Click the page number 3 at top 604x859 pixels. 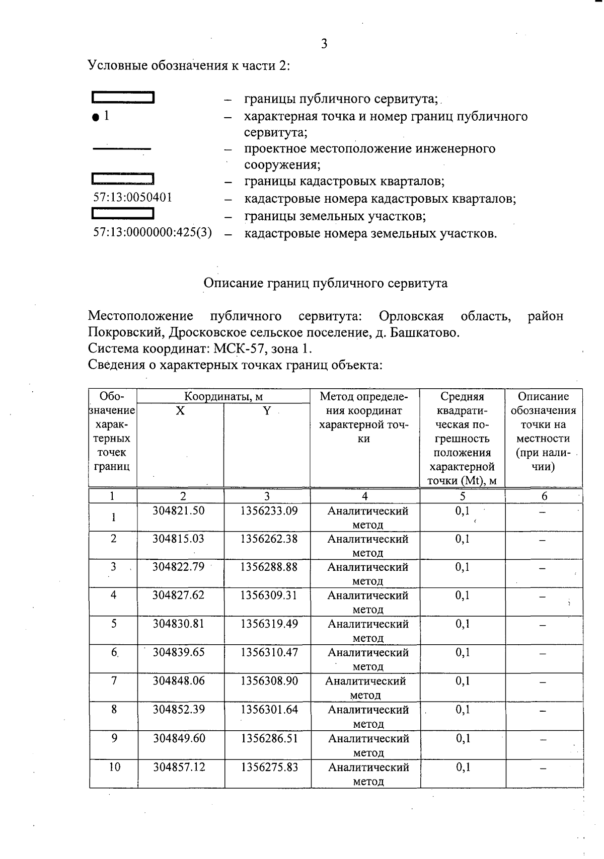tap(324, 44)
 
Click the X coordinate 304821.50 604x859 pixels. tap(179, 511)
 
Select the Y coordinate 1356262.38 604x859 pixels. tap(269, 539)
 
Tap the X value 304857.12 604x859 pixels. tap(179, 767)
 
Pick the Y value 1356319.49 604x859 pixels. tap(269, 624)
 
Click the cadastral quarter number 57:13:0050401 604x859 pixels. tap(133, 198)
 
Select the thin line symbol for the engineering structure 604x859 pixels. tap(122, 149)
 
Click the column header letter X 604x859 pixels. tap(180, 411)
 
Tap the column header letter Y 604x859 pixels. tap(266, 411)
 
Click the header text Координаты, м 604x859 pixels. tap(223, 396)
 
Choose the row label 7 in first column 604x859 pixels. tap(114, 681)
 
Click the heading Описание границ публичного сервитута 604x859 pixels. tap(325, 283)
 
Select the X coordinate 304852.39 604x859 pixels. tap(179, 710)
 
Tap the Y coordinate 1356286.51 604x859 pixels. tap(269, 738)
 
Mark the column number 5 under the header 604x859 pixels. tap(462, 496)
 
